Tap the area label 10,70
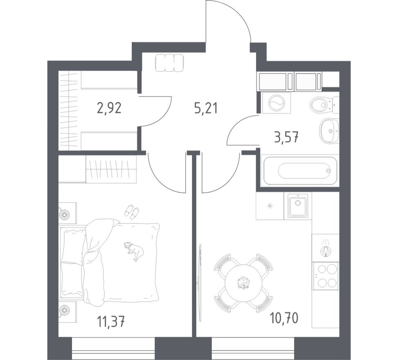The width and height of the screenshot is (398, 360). [284, 317]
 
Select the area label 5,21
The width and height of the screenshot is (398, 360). [205, 108]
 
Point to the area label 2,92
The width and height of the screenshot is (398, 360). [109, 108]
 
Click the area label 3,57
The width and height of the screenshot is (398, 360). [286, 137]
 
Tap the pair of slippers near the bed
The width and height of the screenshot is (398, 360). [132, 211]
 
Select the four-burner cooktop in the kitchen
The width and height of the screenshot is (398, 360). [325, 276]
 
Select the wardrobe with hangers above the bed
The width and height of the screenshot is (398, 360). [111, 169]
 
